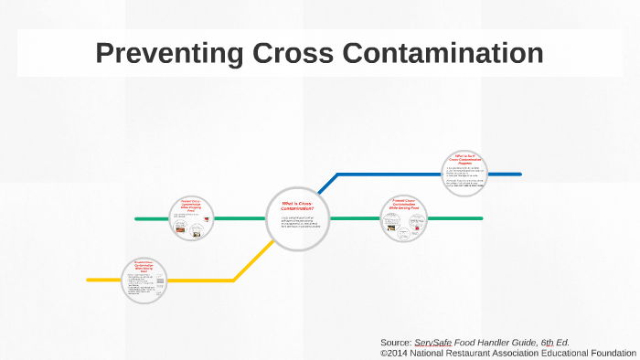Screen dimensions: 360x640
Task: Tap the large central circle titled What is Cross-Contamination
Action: click(297, 218)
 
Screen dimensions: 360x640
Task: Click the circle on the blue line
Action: click(464, 174)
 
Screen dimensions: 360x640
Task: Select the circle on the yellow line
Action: click(146, 280)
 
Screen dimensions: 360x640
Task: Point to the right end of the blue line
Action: click(518, 174)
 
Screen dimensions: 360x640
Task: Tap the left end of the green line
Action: click(137, 219)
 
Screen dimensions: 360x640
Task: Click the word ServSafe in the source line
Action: click(434, 342)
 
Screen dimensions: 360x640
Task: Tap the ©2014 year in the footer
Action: click(394, 352)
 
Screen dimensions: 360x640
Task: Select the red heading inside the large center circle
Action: click(297, 206)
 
